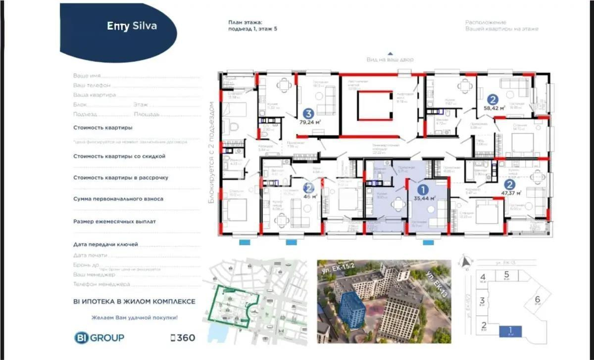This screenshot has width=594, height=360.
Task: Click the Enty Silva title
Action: [132, 26]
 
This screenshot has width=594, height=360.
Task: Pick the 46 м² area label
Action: [310, 197]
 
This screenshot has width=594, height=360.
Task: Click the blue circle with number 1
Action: [423, 189]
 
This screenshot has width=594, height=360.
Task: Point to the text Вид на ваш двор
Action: [390, 59]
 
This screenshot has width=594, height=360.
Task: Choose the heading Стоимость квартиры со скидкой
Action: [119, 156]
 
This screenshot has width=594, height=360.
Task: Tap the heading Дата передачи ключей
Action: [105, 244]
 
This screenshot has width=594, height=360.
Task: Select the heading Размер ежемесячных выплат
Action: [114, 221]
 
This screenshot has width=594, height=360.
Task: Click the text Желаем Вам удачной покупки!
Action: [134, 317]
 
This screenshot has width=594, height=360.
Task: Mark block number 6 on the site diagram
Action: [538, 299]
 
